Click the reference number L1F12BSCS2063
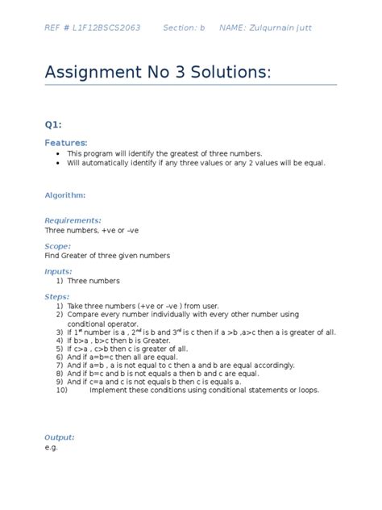click(x=106, y=28)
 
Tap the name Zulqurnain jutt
click(x=276, y=28)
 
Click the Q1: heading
click(x=53, y=125)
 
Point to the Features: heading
click(x=66, y=142)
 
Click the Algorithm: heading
click(x=65, y=194)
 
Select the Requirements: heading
click(x=73, y=220)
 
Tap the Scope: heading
click(x=58, y=246)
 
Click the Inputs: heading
click(x=59, y=272)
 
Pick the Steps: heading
click(x=57, y=297)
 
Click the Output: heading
click(x=60, y=437)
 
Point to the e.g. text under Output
click(x=52, y=447)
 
